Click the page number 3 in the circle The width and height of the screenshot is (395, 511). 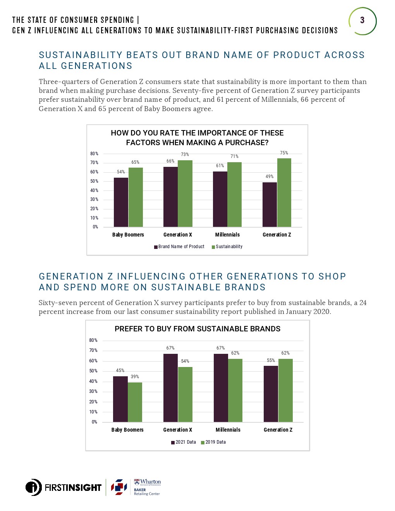coord(362,20)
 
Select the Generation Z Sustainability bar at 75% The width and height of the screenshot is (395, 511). coord(284,192)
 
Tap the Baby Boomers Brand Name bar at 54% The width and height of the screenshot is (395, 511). coord(121,202)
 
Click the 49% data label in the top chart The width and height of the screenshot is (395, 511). coord(270,177)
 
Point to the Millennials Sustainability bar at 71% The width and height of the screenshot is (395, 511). coord(234,194)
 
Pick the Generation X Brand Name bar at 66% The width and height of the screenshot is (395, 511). coord(170,197)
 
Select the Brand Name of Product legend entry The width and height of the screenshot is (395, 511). coord(179,247)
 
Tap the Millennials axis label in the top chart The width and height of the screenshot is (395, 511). coord(227,235)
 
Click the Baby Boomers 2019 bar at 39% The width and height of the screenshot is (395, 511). coord(135,402)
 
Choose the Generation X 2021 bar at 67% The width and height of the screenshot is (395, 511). coord(170,388)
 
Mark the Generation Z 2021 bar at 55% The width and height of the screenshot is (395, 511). coord(271,394)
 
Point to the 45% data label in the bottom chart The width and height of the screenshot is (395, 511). coord(120,370)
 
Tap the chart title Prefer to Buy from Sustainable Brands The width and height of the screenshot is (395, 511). coord(197,329)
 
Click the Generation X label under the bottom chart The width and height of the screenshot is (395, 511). coord(177,430)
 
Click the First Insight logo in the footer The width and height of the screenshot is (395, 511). coord(64,487)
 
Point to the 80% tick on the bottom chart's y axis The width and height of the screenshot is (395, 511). coord(93,340)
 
